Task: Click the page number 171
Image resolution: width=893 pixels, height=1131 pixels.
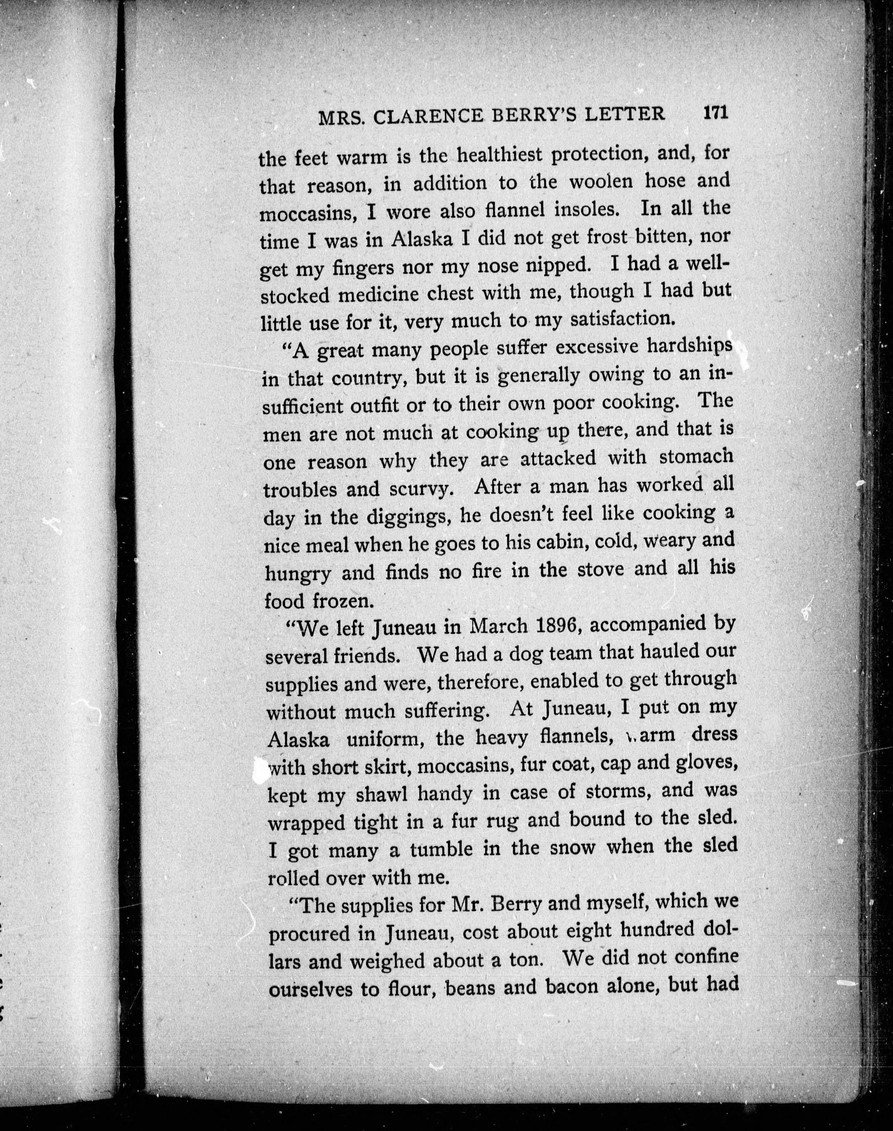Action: click(716, 113)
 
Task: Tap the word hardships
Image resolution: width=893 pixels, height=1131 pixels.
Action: click(689, 347)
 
